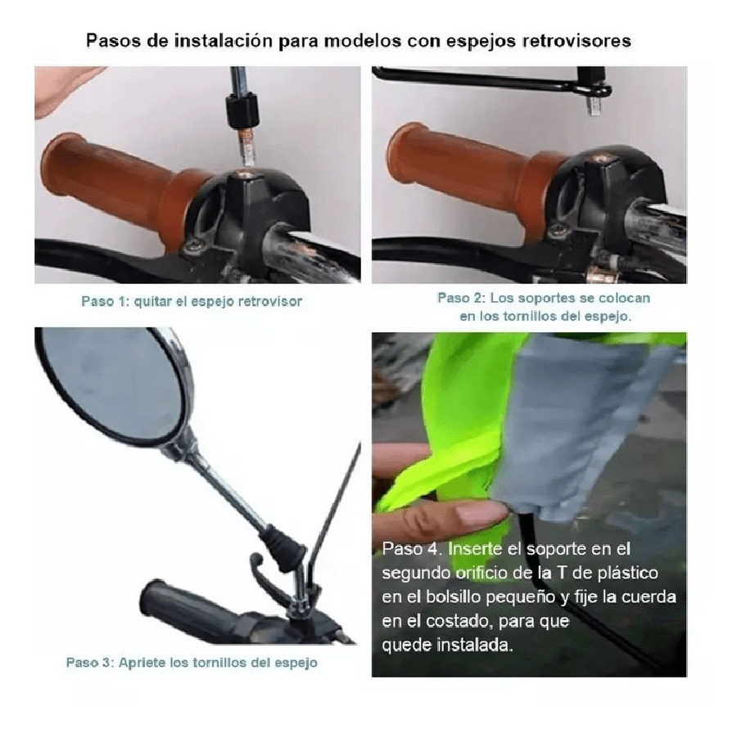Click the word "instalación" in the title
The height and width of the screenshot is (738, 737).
click(x=224, y=41)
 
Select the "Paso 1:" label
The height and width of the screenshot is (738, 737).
click(x=105, y=301)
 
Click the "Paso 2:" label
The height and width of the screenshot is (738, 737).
click(x=461, y=298)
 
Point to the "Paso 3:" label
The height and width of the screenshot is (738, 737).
click(x=89, y=663)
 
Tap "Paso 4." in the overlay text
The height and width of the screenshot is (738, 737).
click(x=412, y=549)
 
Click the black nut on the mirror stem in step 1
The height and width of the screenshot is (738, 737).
click(x=242, y=111)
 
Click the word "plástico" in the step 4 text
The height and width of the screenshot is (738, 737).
click(x=628, y=574)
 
